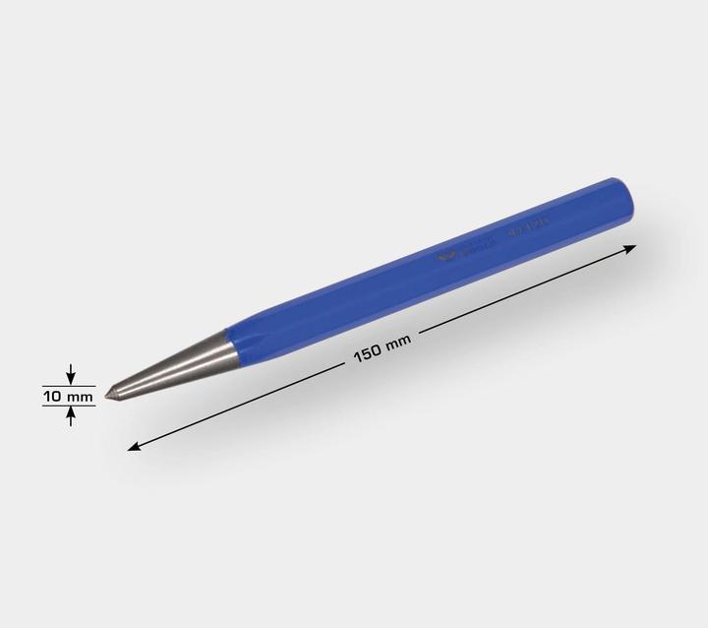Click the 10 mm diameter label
tap(68, 396)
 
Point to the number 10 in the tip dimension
tap(53, 396)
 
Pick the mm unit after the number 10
tap(80, 396)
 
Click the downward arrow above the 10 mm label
tap(70, 375)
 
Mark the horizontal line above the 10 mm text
tap(69, 385)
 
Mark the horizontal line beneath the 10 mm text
tap(69, 407)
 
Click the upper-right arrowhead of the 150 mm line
tap(630, 251)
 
